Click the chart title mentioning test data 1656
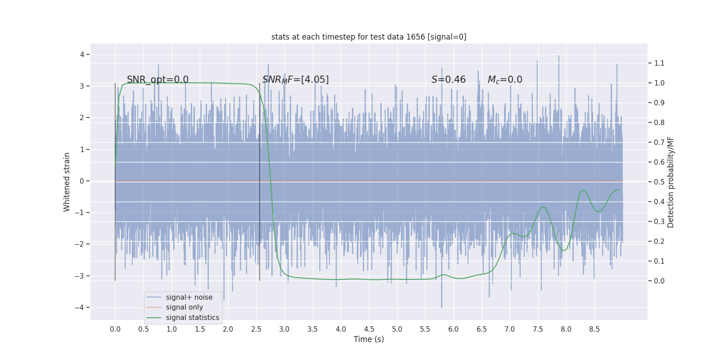(x=369, y=37)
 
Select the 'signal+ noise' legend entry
(x=189, y=297)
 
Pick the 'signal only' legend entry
(x=184, y=307)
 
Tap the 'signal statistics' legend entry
(x=192, y=318)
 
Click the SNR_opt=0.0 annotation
(x=157, y=80)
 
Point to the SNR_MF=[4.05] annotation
(x=295, y=80)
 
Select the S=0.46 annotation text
(x=448, y=80)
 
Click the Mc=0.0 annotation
(x=505, y=80)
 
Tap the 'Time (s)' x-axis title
(x=369, y=339)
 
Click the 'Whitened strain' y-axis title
(x=67, y=182)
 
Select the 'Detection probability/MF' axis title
(x=670, y=182)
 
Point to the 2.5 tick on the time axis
(x=256, y=329)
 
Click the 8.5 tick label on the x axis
(x=594, y=329)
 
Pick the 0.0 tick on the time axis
(x=115, y=329)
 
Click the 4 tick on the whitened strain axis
(x=82, y=55)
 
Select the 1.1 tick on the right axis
(x=659, y=63)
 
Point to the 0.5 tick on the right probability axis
(x=659, y=182)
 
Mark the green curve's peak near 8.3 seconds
(x=584, y=189)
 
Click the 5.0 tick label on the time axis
(x=397, y=329)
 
